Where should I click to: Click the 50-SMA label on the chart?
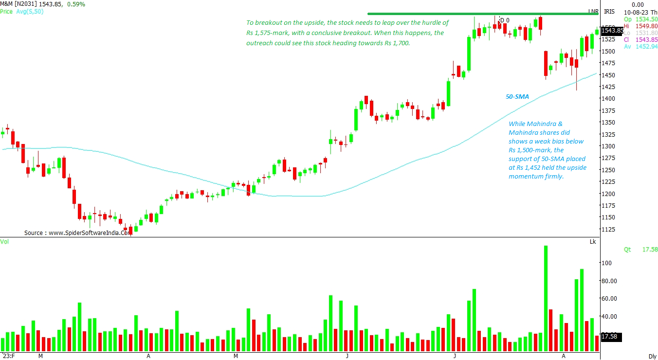coord(517,97)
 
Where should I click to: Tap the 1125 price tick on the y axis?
coord(608,229)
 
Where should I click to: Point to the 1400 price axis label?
coord(608,99)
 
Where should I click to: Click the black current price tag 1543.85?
coord(612,31)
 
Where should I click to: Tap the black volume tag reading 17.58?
coord(610,336)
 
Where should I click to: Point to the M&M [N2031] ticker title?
coord(23,4)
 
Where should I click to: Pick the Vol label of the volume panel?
coord(4,242)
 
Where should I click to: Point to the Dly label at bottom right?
coord(652,356)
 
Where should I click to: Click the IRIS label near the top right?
coord(609,12)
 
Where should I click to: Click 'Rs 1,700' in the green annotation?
coord(397,43)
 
